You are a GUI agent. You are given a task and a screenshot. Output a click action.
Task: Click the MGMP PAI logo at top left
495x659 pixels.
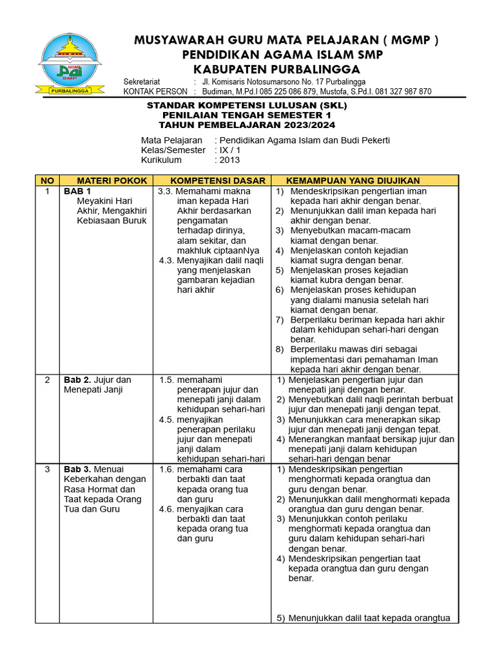(x=72, y=64)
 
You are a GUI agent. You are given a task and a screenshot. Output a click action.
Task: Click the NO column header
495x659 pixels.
(x=47, y=181)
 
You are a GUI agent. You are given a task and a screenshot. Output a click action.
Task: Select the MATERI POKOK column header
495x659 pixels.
(x=106, y=181)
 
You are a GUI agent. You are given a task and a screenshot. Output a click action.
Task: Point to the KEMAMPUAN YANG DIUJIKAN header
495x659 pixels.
(x=353, y=181)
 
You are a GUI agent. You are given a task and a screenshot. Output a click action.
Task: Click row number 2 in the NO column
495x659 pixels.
(x=47, y=380)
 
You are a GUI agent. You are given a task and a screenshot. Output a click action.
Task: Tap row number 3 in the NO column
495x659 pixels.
(x=47, y=469)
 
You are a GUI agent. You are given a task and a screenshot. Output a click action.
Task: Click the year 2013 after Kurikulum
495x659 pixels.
(x=229, y=160)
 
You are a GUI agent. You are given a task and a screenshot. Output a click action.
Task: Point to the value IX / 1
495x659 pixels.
(x=229, y=150)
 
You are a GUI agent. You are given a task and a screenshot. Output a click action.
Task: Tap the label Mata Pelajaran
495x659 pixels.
(x=170, y=140)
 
